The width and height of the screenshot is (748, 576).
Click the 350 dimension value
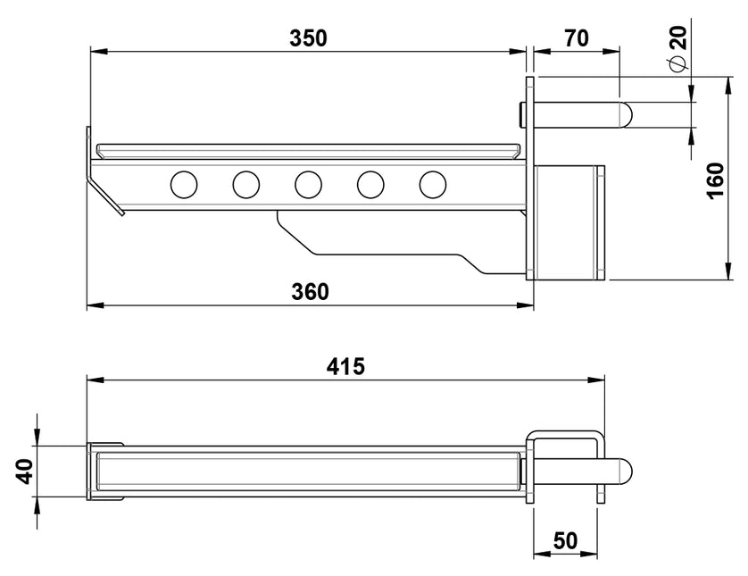coord(309,38)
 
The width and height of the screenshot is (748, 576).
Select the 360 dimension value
coord(309,292)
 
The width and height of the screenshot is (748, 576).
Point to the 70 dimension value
coord(577,38)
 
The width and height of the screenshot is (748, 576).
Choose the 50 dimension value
coord(567,539)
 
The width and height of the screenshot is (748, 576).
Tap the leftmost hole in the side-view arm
coord(184,184)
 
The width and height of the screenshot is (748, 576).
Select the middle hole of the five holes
coord(308,184)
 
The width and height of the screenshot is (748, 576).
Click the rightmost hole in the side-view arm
coord(433,184)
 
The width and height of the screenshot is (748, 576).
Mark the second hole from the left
coord(245,184)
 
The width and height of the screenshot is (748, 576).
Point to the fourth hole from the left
coord(370,184)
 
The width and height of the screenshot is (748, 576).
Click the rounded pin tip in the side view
coord(626,114)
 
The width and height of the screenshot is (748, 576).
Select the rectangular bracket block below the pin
coord(569,221)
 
